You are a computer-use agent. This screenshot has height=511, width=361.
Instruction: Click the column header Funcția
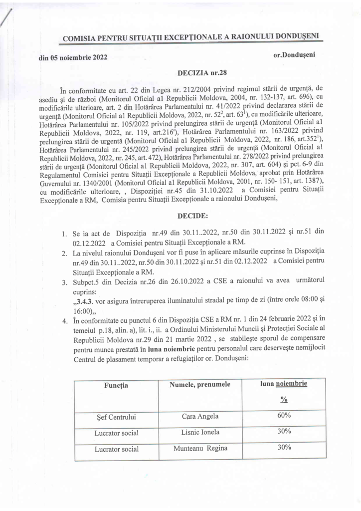point(116,385)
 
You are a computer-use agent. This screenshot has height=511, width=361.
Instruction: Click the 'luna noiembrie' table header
point(283,384)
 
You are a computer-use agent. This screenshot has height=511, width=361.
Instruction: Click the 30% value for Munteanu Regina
point(283,447)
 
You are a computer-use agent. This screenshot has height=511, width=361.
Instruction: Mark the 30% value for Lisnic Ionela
point(283,431)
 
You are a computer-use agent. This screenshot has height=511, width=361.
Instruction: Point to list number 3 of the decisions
point(64,283)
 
